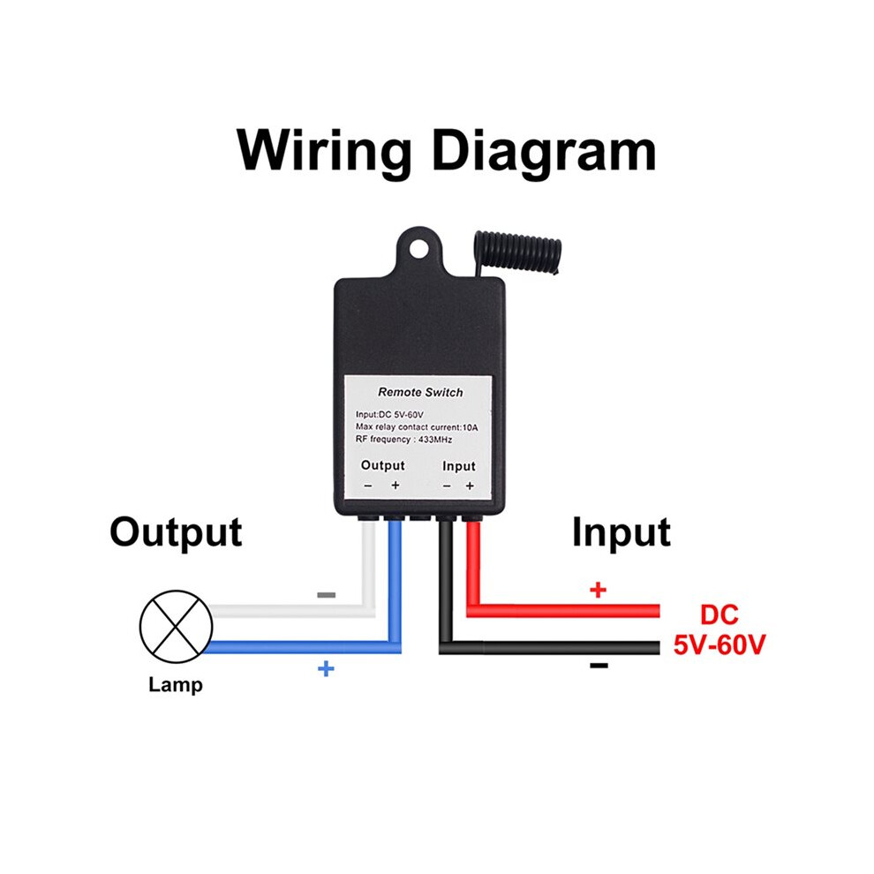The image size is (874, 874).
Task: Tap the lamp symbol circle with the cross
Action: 177,627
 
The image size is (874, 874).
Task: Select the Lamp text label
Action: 176,684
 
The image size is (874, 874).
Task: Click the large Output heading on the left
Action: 177,533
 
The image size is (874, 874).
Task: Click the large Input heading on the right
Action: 621,533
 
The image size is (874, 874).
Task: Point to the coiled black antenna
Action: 518,253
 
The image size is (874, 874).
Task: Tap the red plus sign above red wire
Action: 598,590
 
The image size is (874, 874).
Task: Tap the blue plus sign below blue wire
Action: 326,668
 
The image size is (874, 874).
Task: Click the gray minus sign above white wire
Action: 326,595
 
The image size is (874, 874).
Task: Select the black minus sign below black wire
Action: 599,665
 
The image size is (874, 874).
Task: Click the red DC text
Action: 719,614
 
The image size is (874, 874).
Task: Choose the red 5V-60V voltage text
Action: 719,645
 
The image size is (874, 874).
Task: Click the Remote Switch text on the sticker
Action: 420,392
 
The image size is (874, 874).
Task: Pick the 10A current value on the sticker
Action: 470,427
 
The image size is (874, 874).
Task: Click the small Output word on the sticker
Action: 382,465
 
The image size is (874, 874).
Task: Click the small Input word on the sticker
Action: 459,466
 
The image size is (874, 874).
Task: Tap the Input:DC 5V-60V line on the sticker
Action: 389,415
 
